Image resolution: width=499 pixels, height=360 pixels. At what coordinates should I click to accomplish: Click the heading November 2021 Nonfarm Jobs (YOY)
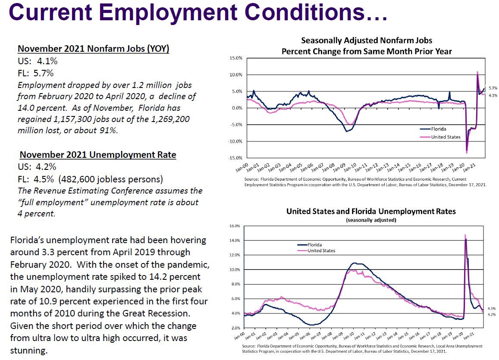point(93,49)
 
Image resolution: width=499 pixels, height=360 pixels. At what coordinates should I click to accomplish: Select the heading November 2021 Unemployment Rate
point(98,155)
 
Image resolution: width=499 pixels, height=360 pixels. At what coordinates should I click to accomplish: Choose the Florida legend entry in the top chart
point(439,129)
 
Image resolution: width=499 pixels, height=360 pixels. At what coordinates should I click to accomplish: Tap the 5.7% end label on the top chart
point(492,88)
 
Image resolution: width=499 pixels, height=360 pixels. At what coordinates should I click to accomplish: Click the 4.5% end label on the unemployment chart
point(492,309)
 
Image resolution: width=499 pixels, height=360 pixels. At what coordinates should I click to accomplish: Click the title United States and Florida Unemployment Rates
point(371,212)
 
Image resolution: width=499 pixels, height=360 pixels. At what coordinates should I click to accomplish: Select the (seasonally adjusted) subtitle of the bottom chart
point(371,220)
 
